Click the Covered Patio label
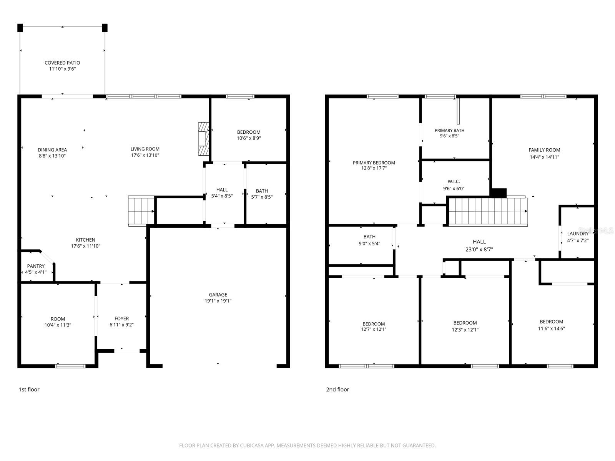pyautogui.click(x=62, y=63)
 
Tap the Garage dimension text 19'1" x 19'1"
pyautogui.click(x=218, y=301)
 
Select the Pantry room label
pyautogui.click(x=36, y=266)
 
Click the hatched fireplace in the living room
pyautogui.click(x=203, y=139)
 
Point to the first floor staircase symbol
pyautogui.click(x=141, y=211)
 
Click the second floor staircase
pyautogui.click(x=487, y=211)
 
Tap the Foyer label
pyautogui.click(x=121, y=318)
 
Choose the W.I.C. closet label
pyautogui.click(x=454, y=182)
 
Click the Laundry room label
pyautogui.click(x=577, y=234)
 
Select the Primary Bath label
pyautogui.click(x=449, y=131)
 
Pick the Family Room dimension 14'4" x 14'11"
pyautogui.click(x=544, y=157)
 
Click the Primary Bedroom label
pyautogui.click(x=374, y=163)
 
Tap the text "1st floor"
pyautogui.click(x=29, y=390)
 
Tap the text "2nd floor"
pyautogui.click(x=337, y=390)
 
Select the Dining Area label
pyautogui.click(x=52, y=150)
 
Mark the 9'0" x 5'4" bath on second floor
pyautogui.click(x=369, y=240)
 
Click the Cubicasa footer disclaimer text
pyautogui.click(x=307, y=446)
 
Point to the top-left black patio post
pyautogui.click(x=20, y=28)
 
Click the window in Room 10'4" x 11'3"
pyautogui.click(x=70, y=366)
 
